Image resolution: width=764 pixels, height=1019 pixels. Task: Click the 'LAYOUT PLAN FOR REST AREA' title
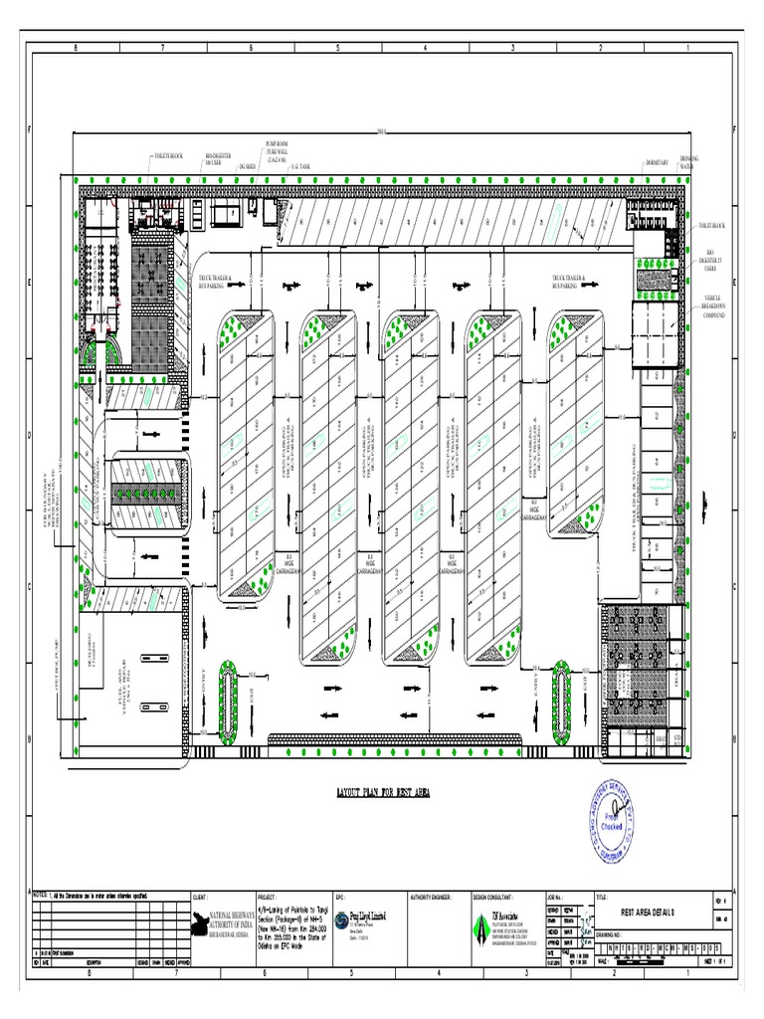pyautogui.click(x=382, y=793)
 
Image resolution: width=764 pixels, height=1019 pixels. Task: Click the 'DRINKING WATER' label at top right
pyautogui.click(x=690, y=161)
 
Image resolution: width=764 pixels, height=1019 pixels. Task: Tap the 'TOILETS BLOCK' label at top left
pyautogui.click(x=168, y=157)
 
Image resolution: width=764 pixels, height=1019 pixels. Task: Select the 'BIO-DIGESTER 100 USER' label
pyautogui.click(x=218, y=158)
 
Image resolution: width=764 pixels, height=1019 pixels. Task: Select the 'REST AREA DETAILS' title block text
pyautogui.click(x=648, y=911)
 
